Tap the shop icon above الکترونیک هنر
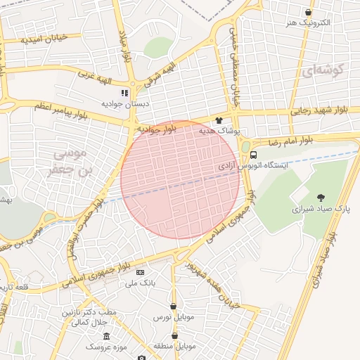[308, 12]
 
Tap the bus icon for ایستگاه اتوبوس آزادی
[253, 155]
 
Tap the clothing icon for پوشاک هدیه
[219, 121]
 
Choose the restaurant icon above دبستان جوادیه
[124, 92]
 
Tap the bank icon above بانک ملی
[140, 272]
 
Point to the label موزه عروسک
[105, 347]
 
